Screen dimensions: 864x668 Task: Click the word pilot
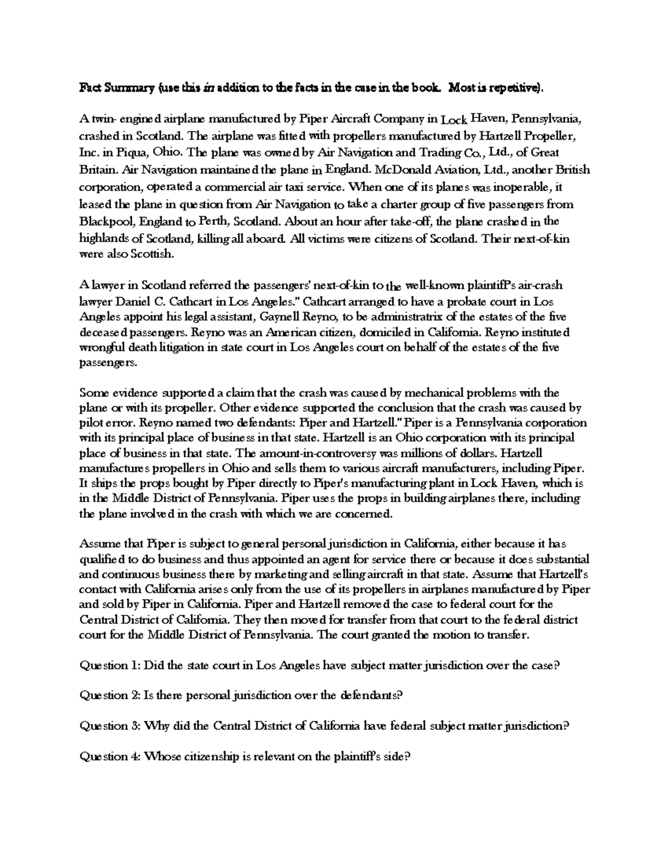click(x=91, y=423)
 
